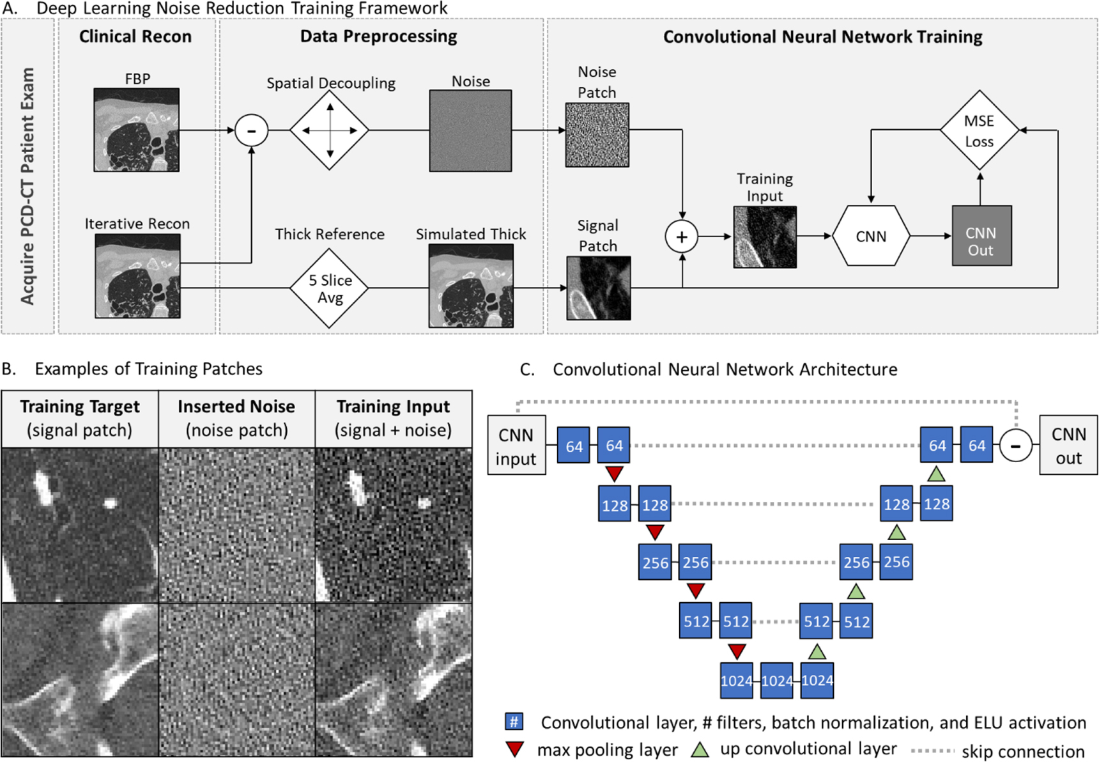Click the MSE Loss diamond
pyautogui.click(x=979, y=130)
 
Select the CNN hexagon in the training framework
pyautogui.click(x=870, y=236)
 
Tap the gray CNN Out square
pyautogui.click(x=981, y=236)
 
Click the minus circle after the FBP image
pyautogui.click(x=251, y=130)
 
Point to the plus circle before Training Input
pyautogui.click(x=682, y=237)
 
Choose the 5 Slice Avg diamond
pyautogui.click(x=330, y=288)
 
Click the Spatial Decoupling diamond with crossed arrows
pyautogui.click(x=330, y=130)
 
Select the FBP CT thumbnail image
pyautogui.click(x=136, y=130)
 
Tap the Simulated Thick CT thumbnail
pyautogui.click(x=471, y=286)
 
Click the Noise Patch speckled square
pyautogui.click(x=597, y=135)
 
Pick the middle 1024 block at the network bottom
pyautogui.click(x=776, y=681)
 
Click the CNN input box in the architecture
pyautogui.click(x=516, y=446)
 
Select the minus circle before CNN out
pyautogui.click(x=1015, y=446)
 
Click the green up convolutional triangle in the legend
pyautogui.click(x=700, y=749)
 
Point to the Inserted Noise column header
pyautogui.click(x=236, y=418)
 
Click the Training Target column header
pyautogui.click(x=80, y=418)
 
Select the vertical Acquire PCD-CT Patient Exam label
pyautogui.click(x=27, y=185)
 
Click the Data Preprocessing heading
pyautogui.click(x=378, y=36)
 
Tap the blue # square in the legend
pyautogui.click(x=514, y=722)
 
